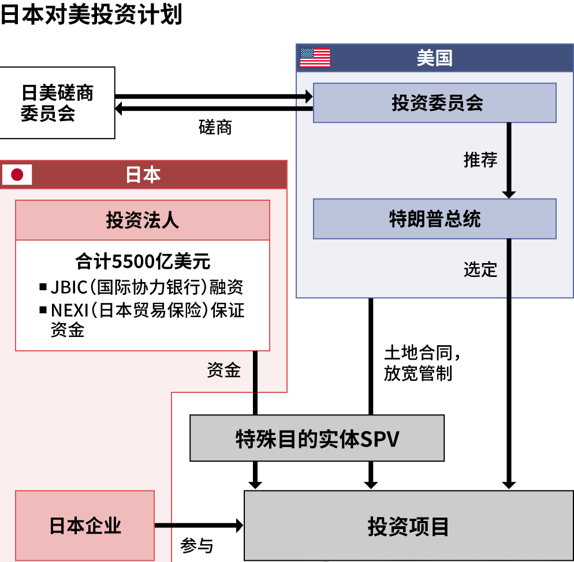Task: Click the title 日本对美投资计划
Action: point(91,14)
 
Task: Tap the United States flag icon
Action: point(315,58)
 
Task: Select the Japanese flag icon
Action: point(17,175)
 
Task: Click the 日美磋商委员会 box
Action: point(57,103)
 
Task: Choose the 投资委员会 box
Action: point(434,103)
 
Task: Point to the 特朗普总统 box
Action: point(434,219)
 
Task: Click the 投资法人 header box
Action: point(142,220)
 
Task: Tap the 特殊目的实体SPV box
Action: point(317,438)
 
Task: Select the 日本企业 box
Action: point(85,525)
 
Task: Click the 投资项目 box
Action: point(408,526)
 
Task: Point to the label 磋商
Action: point(215,127)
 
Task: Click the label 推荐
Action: point(480,159)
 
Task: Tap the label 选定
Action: point(480,269)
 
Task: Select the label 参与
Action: point(197,545)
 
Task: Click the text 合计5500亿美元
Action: point(143,261)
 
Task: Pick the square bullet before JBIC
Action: point(43,286)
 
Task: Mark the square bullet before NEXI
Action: point(43,310)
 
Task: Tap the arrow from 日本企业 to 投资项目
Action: point(199,525)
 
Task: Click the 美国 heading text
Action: point(434,58)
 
